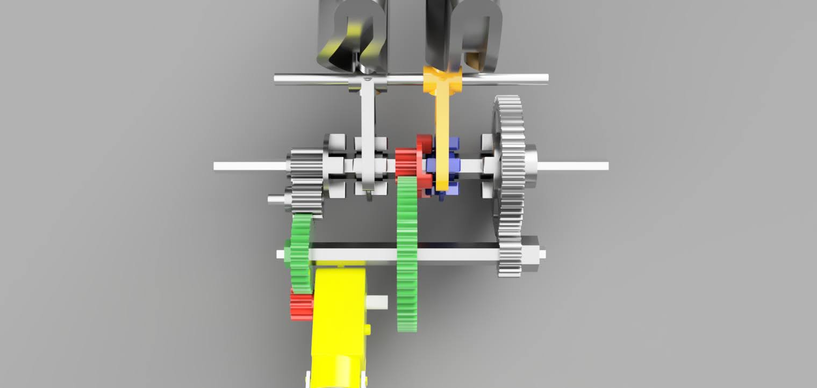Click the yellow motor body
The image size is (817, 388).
(x=339, y=312)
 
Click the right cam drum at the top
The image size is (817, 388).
(x=463, y=35)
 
